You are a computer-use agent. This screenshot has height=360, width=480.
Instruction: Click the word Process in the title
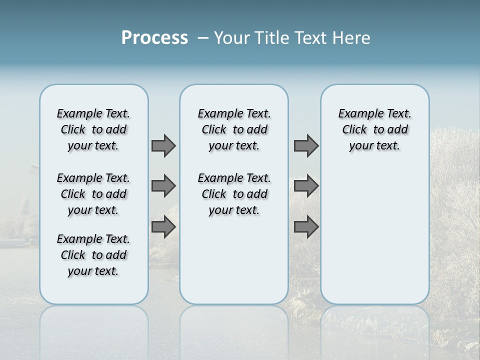[154, 38]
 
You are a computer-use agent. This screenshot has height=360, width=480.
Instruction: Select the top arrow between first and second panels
[163, 146]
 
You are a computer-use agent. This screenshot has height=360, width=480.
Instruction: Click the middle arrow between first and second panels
[163, 186]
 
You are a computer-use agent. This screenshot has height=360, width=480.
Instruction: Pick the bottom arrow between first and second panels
[163, 227]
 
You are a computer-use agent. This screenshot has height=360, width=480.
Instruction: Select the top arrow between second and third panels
[306, 146]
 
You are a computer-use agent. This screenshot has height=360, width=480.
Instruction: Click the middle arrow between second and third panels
[306, 186]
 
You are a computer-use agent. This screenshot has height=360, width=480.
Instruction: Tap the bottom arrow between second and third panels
[306, 227]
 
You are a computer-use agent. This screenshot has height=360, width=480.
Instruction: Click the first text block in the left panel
[93, 129]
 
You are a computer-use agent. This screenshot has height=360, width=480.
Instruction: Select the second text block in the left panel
[93, 194]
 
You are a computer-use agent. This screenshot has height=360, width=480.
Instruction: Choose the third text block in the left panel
[93, 255]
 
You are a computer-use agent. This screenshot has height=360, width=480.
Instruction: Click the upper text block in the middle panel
[234, 129]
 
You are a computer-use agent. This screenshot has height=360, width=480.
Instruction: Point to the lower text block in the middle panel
[234, 194]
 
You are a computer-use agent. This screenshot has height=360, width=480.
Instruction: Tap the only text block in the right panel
[374, 129]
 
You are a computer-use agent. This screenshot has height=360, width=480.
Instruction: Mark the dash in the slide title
[203, 38]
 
